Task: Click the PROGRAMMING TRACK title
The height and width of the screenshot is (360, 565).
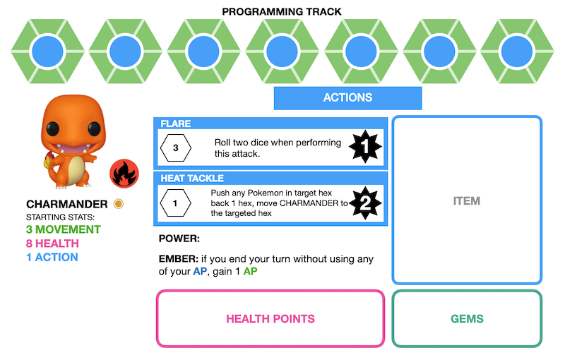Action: pyautogui.click(x=281, y=11)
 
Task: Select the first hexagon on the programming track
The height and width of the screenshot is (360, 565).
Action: pyautogui.click(x=48, y=52)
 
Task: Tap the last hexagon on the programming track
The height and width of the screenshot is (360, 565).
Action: pyautogui.click(x=517, y=52)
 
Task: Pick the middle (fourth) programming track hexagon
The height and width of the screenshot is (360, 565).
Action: pyautogui.click(x=282, y=52)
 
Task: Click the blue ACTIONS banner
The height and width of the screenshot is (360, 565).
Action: pyautogui.click(x=347, y=98)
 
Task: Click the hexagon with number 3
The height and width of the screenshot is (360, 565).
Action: pyautogui.click(x=175, y=149)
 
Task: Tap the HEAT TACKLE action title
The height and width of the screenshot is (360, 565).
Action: pyautogui.click(x=192, y=179)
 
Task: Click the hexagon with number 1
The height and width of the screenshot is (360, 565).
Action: pyautogui.click(x=175, y=204)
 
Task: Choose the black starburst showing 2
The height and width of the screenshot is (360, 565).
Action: pyautogui.click(x=366, y=203)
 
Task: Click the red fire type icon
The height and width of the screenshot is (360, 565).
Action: pyautogui.click(x=124, y=172)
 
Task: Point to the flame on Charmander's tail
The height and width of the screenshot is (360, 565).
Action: pyautogui.click(x=49, y=162)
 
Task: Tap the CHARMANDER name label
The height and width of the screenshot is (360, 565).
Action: pyautogui.click(x=67, y=204)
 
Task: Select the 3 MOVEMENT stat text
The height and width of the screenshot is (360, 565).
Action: pyautogui.click(x=63, y=230)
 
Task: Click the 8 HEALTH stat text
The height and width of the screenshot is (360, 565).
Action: pyautogui.click(x=52, y=244)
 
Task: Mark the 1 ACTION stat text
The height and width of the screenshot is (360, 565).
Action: pyautogui.click(x=52, y=257)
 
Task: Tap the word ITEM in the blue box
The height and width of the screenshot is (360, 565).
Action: pyautogui.click(x=466, y=201)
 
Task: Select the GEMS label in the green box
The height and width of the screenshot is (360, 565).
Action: pyautogui.click(x=467, y=318)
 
